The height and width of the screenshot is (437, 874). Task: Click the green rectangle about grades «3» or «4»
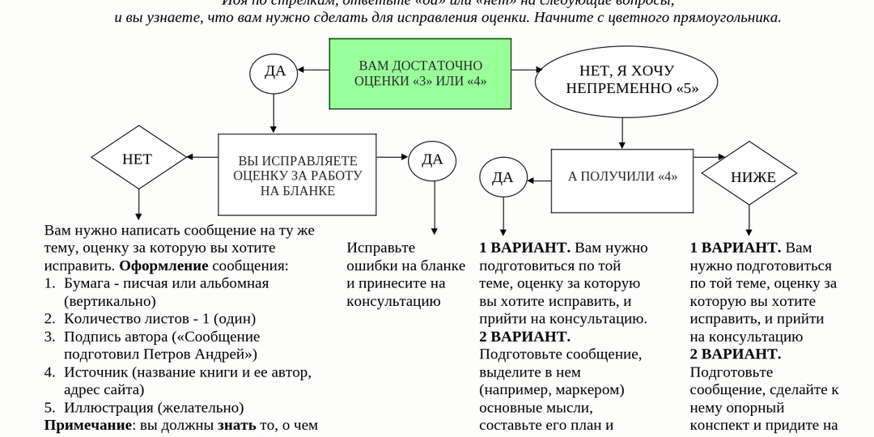coord(420,74)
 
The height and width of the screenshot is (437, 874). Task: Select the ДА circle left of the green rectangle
coord(275,71)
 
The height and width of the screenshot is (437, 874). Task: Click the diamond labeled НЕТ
coord(137,159)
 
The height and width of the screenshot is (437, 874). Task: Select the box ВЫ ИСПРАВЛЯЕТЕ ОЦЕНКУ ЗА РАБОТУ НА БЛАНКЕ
coord(297,175)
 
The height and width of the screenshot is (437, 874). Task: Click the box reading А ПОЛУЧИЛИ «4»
coord(622,176)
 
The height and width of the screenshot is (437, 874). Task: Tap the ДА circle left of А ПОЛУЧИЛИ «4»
coord(503,177)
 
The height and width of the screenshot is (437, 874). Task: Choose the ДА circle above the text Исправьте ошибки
coord(432,159)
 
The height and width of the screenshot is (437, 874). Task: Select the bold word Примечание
coord(87,425)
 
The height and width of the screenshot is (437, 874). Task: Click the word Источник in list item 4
coord(95,372)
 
